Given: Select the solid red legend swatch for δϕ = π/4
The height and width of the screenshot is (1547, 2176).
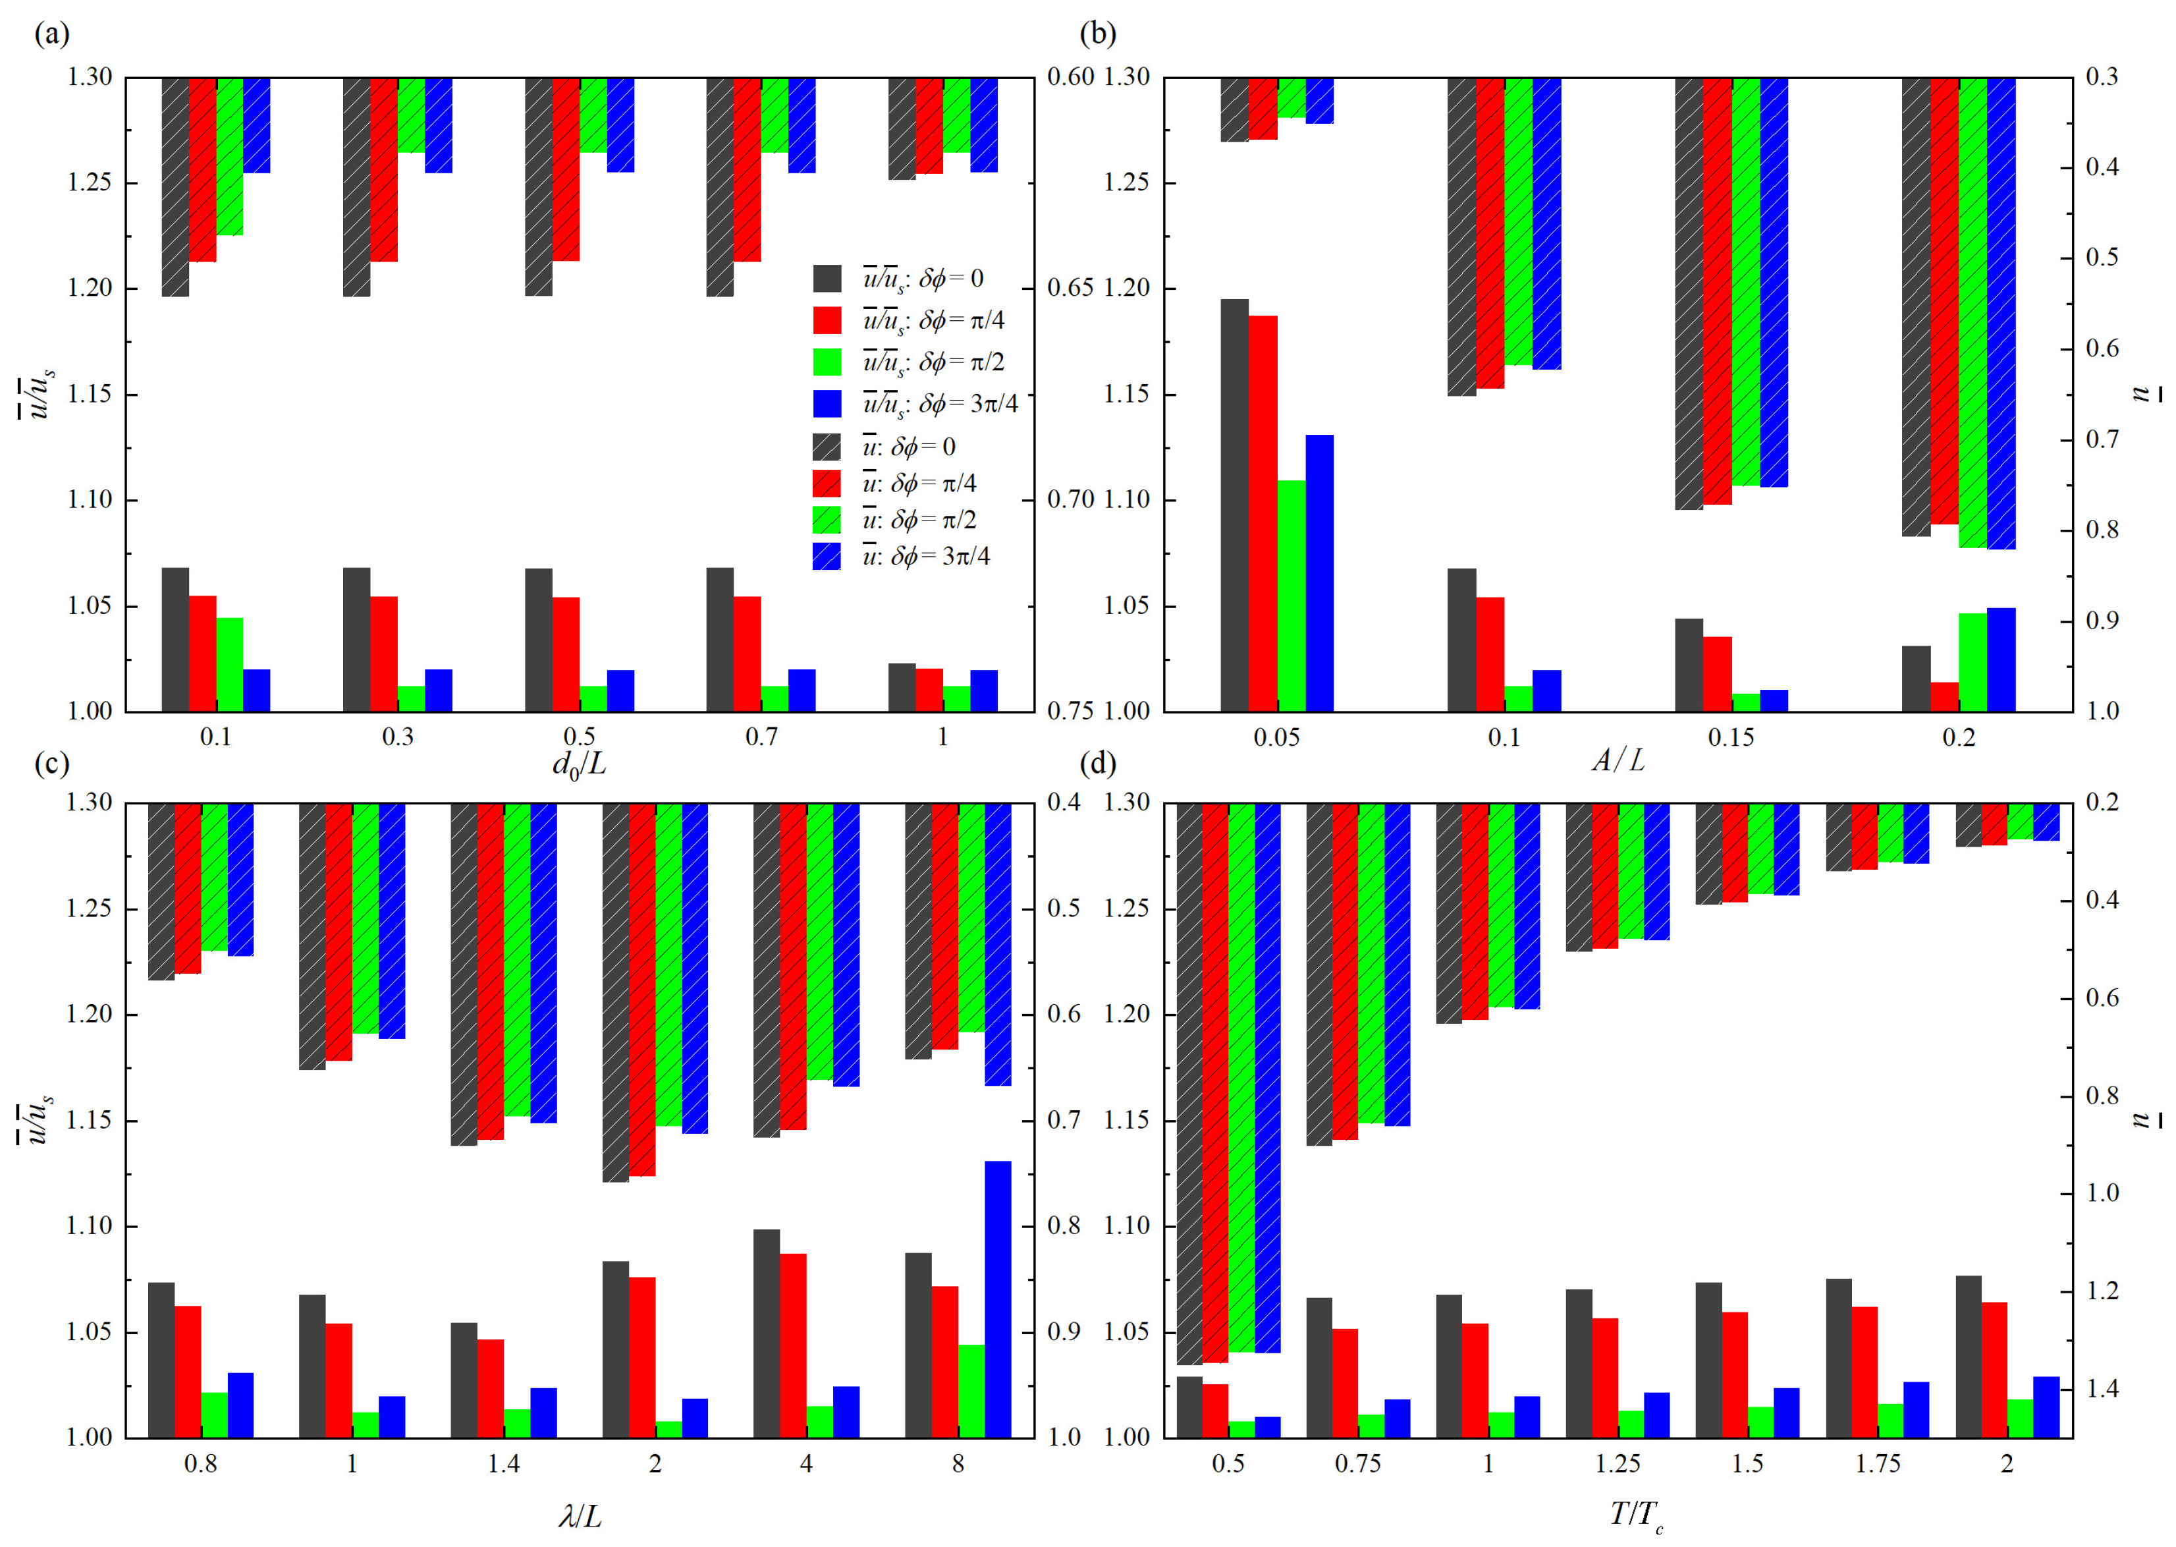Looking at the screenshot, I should pyautogui.click(x=827, y=320).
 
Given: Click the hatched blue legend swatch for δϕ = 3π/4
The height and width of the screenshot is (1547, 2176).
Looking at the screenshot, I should pyautogui.click(x=827, y=556).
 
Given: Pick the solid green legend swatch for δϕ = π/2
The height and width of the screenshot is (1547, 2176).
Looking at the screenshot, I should pyautogui.click(x=827, y=362).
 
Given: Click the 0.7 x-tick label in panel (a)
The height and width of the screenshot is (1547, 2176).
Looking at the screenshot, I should pyautogui.click(x=761, y=737).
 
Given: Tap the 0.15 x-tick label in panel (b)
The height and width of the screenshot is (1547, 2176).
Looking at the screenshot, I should pyautogui.click(x=1730, y=737).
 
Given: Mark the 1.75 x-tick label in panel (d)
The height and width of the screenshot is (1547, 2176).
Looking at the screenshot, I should pyautogui.click(x=1877, y=1464).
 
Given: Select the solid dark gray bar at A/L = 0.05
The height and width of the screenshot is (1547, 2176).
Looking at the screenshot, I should pyautogui.click(x=1234, y=505).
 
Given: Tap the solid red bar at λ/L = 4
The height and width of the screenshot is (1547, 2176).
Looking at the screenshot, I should pyautogui.click(x=793, y=1345).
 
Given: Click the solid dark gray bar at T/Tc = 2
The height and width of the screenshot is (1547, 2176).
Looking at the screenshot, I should pyautogui.click(x=1969, y=1357).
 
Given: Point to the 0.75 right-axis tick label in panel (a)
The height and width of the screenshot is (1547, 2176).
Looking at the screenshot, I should pyautogui.click(x=1070, y=712).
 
